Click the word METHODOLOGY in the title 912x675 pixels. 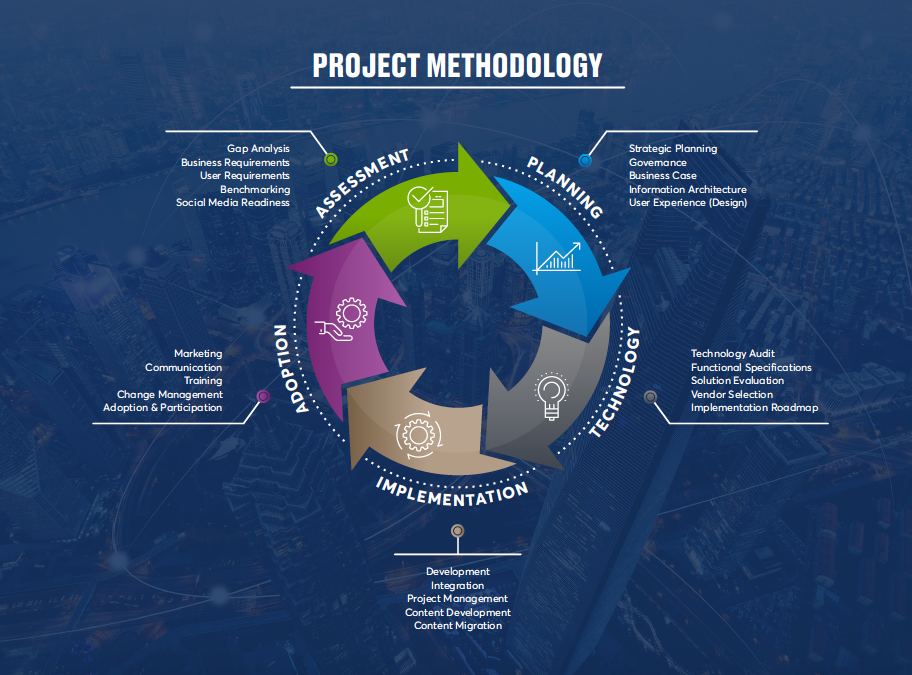pyautogui.click(x=514, y=65)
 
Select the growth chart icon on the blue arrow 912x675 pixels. pyautogui.click(x=557, y=258)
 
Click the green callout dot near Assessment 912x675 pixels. pyautogui.click(x=331, y=159)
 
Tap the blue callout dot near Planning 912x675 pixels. pyautogui.click(x=585, y=159)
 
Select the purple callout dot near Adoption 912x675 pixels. pyautogui.click(x=263, y=396)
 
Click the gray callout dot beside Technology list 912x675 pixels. pyautogui.click(x=650, y=396)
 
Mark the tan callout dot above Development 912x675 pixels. pyautogui.click(x=457, y=530)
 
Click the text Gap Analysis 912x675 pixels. pyautogui.click(x=258, y=149)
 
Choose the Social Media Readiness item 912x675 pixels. pyautogui.click(x=233, y=202)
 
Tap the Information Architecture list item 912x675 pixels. pyautogui.click(x=687, y=189)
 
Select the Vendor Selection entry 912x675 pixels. pyautogui.click(x=732, y=394)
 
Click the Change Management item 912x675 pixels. pyautogui.click(x=169, y=394)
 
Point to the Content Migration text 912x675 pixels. pyautogui.click(x=458, y=625)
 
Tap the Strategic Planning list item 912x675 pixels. pyautogui.click(x=672, y=149)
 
